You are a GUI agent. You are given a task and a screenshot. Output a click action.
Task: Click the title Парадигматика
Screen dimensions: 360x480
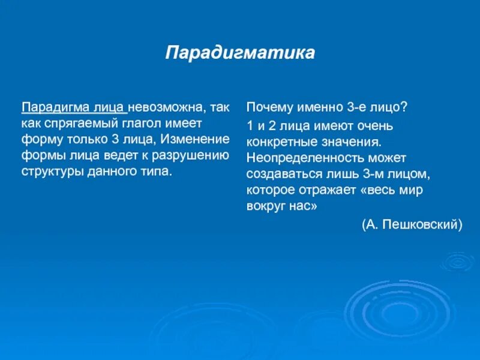pos(240,52)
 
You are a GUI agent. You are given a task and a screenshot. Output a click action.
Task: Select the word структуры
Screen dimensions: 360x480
pos(50,172)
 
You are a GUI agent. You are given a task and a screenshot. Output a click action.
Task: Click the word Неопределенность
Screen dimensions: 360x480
pos(298,158)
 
